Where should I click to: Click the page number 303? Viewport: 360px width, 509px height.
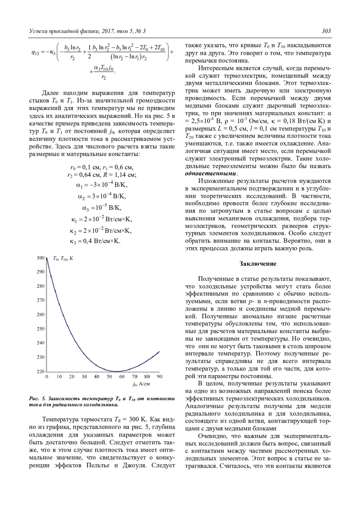coord(326,31)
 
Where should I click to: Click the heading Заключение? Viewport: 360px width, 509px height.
coord(258,264)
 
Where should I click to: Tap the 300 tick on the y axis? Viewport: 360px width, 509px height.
coord(40,258)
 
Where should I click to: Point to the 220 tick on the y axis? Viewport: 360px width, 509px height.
coord(40,371)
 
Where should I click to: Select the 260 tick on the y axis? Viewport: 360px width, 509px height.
coord(40,314)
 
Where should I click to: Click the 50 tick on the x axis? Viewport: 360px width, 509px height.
coord(109,377)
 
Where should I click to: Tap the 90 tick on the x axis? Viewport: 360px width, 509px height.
coord(160,377)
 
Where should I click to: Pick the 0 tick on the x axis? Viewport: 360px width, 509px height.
coord(47,377)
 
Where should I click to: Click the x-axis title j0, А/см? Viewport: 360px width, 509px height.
coord(141,384)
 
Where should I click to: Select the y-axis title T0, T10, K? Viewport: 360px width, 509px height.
coord(63,258)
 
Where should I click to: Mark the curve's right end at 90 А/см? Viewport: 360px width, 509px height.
coord(159,352)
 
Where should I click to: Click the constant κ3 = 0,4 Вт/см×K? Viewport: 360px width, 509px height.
coord(95,241)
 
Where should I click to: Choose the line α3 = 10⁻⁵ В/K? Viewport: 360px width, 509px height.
coord(102,207)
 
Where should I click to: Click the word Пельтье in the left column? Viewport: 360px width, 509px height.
coord(98,466)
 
